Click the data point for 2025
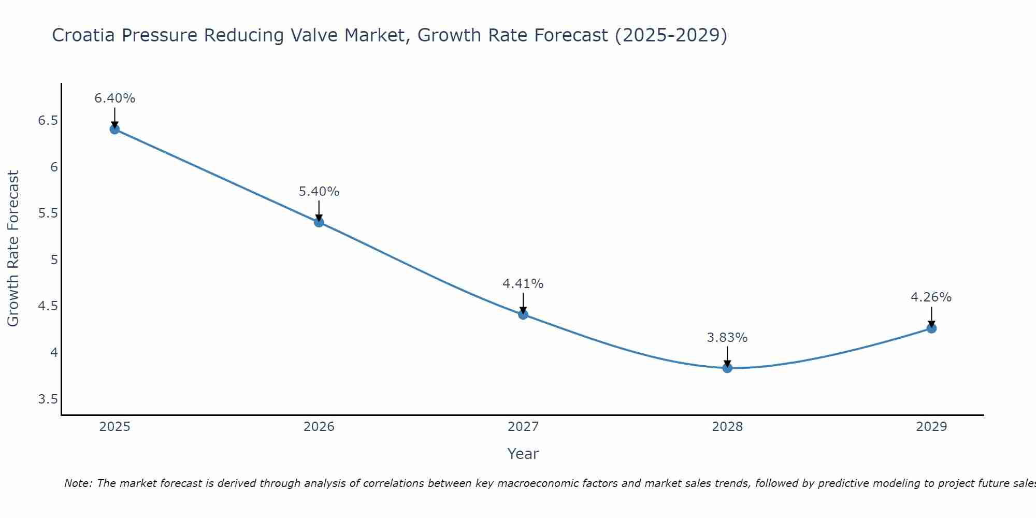click(115, 129)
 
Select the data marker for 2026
click(319, 222)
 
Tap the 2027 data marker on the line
click(523, 314)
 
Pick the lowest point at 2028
click(727, 368)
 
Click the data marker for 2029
click(931, 328)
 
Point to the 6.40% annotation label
click(115, 98)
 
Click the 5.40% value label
click(319, 192)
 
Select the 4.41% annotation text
click(523, 284)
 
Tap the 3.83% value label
click(727, 338)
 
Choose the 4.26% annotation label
click(931, 297)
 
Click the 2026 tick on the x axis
click(319, 427)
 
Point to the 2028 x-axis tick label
click(727, 427)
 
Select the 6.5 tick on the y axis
click(48, 121)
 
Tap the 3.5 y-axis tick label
click(48, 399)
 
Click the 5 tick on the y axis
click(54, 260)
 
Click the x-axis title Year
click(523, 454)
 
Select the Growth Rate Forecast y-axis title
click(13, 249)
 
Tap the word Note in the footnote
click(78, 483)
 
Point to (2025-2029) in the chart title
click(671, 35)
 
